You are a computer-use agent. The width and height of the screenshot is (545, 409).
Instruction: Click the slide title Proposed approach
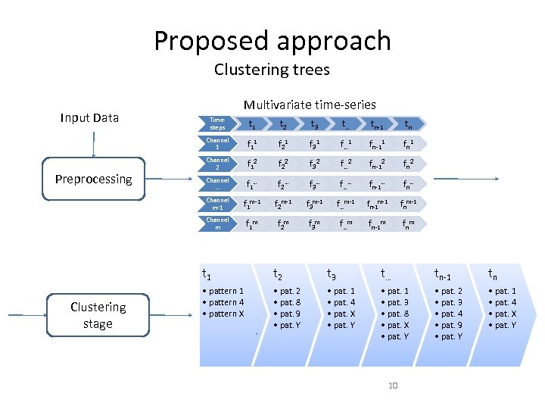click(272, 40)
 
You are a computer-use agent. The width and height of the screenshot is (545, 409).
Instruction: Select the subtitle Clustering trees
click(272, 70)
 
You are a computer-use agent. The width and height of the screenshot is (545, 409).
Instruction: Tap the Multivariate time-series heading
click(310, 105)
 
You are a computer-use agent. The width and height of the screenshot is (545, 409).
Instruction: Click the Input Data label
click(89, 117)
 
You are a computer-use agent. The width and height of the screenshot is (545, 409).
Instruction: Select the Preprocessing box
click(93, 180)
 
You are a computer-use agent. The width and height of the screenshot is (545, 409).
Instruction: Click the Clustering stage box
click(98, 315)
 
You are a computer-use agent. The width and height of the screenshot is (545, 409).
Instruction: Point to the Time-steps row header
click(217, 123)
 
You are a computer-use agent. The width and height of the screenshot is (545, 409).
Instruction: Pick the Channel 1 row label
click(217, 143)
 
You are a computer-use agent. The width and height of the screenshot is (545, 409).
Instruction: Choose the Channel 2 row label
click(217, 164)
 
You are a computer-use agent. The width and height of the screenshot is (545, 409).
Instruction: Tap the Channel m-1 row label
click(217, 204)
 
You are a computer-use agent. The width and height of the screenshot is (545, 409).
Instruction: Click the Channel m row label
click(217, 223)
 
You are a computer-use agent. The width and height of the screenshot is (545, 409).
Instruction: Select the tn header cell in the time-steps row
click(408, 124)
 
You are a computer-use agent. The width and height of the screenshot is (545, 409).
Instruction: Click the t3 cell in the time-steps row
click(313, 124)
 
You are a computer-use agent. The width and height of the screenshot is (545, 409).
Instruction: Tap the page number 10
click(393, 386)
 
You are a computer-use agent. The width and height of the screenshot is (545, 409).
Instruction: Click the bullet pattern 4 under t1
click(225, 302)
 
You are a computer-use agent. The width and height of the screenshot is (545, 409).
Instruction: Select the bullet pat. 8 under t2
click(288, 302)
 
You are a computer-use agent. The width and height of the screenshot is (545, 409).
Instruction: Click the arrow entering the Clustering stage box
click(26, 314)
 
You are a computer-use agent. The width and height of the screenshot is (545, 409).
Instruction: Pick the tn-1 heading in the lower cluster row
click(443, 275)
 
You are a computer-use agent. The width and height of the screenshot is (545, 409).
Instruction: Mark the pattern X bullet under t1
click(225, 314)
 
